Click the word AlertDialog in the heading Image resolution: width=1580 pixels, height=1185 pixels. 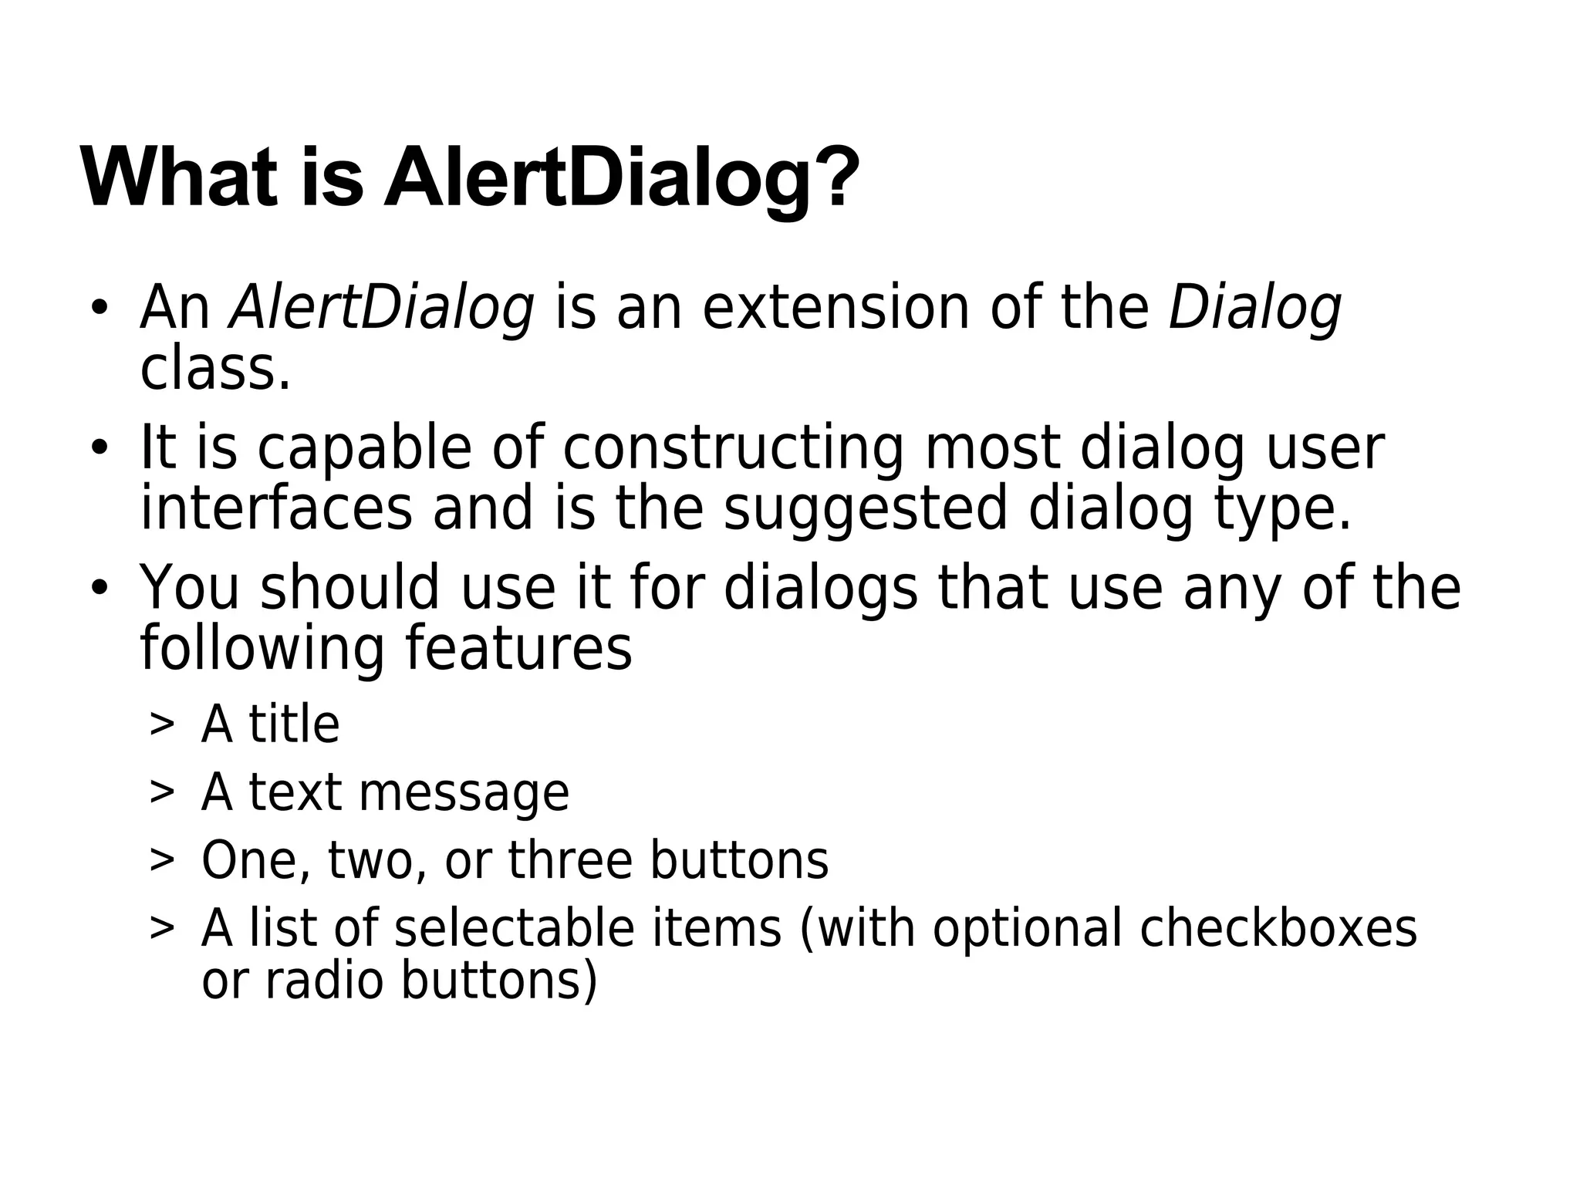tap(597, 179)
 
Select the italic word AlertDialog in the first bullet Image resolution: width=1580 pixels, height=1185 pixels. tap(382, 309)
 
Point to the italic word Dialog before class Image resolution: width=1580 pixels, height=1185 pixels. tap(1254, 309)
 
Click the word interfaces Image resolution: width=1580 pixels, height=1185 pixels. tap(276, 508)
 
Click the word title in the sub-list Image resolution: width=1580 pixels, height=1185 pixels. tap(293, 724)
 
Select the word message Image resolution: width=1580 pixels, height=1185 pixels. tap(463, 793)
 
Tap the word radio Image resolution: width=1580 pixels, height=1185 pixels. tap(324, 981)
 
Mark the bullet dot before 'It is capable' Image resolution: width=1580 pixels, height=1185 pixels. tap(99, 448)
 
